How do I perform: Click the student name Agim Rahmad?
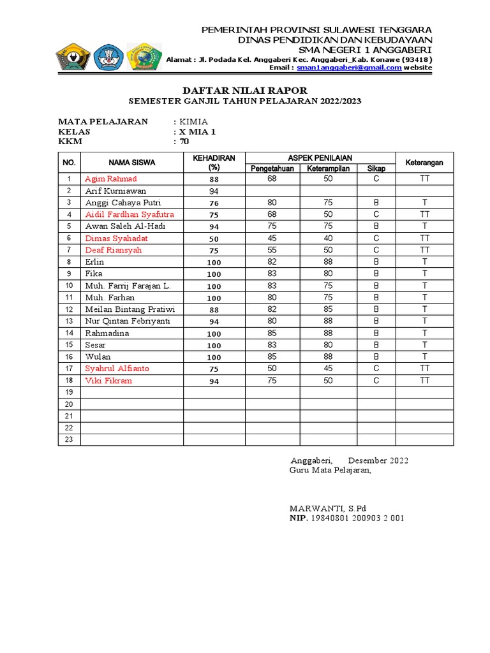click(110, 179)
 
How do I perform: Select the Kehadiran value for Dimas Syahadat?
click(214, 238)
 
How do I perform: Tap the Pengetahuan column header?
click(272, 168)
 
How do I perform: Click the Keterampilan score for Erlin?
click(328, 261)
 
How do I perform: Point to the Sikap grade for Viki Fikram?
click(376, 381)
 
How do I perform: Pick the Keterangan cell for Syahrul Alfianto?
click(424, 369)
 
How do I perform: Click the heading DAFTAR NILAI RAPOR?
click(245, 91)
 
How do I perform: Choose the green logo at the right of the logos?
click(145, 57)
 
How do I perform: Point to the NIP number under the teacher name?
click(357, 518)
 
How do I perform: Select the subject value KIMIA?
click(193, 122)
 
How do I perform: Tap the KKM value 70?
click(184, 142)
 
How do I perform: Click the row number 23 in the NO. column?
click(69, 439)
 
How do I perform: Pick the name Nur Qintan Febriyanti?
click(128, 321)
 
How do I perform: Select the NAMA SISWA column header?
click(131, 163)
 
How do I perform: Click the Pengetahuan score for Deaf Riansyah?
click(272, 250)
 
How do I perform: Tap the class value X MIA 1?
click(198, 132)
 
